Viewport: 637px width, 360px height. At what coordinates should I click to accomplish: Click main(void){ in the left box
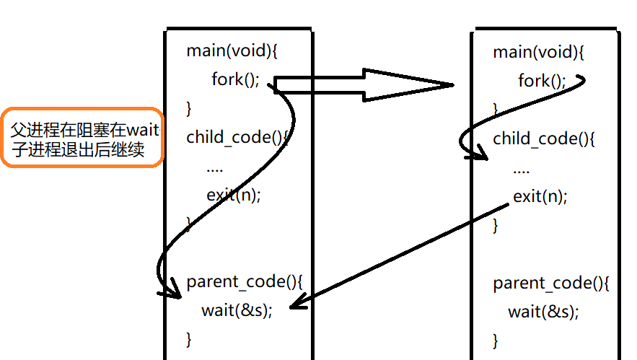[x=221, y=51]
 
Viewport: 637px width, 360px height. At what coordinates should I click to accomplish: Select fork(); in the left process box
[x=234, y=79]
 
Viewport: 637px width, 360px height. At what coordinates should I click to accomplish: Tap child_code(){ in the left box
[x=237, y=137]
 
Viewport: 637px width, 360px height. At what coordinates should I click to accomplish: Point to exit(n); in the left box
[x=234, y=195]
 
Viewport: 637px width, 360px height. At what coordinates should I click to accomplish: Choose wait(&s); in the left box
[x=237, y=310]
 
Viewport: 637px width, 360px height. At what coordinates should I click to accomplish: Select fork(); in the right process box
[x=542, y=81]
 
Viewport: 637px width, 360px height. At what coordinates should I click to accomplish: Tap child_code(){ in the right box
[x=544, y=139]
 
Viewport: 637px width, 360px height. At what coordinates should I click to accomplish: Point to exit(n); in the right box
[x=540, y=196]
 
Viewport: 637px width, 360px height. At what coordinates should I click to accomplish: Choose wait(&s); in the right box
[x=543, y=312]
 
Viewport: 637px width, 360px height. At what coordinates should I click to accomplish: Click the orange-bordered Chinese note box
[x=82, y=139]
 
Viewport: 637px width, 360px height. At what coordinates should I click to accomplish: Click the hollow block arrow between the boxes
[x=364, y=85]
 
